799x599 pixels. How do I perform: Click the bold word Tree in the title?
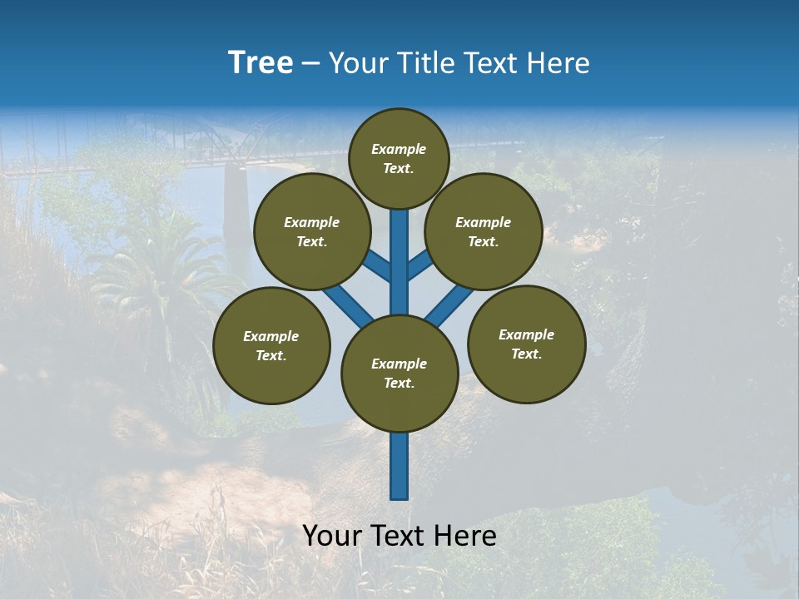point(261,62)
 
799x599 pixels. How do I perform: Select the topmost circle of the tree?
point(399,158)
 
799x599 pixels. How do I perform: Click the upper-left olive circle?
point(312,232)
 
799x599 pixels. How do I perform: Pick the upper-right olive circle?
point(484,232)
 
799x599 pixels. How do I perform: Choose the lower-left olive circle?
point(271,346)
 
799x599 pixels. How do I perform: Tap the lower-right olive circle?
point(526,344)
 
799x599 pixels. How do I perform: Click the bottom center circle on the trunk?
point(399,374)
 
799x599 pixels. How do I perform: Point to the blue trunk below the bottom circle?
point(399,466)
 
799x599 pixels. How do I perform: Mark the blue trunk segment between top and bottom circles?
point(399,262)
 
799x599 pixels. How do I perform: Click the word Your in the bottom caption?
point(330,536)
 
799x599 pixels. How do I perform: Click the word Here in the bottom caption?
point(468,536)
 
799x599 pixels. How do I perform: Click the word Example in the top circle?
point(399,149)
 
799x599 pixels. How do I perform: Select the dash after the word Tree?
point(310,64)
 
